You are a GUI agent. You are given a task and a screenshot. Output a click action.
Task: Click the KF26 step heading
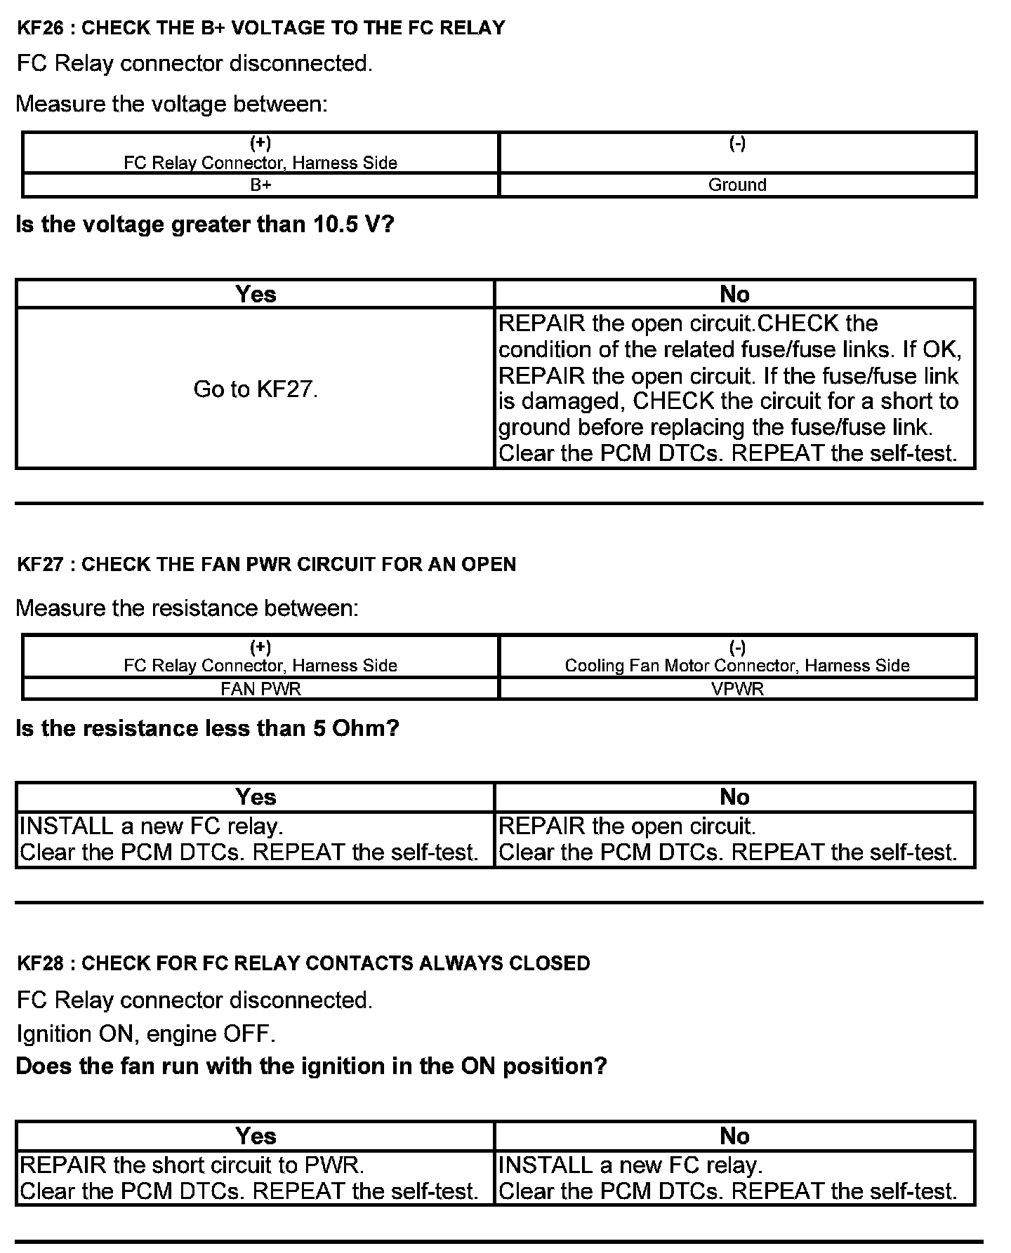tap(260, 28)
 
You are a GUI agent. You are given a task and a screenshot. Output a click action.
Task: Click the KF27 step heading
tap(266, 564)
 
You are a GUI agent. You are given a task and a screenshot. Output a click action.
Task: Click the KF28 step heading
tap(303, 963)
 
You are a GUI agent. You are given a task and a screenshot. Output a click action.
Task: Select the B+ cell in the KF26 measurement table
tap(260, 185)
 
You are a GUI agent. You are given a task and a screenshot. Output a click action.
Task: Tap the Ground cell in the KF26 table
tap(737, 185)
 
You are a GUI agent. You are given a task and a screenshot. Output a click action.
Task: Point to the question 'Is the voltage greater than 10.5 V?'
tap(205, 225)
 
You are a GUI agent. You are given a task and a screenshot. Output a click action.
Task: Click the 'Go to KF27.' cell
tap(256, 389)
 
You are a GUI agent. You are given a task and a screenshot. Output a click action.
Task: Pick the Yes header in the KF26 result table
tap(256, 294)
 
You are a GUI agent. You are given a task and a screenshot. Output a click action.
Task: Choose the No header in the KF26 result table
tap(734, 294)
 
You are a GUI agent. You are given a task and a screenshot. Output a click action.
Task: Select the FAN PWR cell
tap(260, 688)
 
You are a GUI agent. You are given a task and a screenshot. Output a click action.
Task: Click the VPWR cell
tap(737, 688)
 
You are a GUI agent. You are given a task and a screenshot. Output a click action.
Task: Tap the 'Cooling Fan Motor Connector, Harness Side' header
tap(737, 664)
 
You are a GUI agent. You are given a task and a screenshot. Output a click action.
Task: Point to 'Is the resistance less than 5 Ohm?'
tap(207, 728)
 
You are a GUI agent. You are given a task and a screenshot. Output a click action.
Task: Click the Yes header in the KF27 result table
tap(256, 797)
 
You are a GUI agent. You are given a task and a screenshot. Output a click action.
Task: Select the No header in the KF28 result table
tap(734, 1136)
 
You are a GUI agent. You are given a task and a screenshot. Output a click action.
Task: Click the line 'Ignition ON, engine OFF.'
tap(146, 1033)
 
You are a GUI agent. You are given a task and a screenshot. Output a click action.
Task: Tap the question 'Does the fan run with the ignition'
tap(311, 1066)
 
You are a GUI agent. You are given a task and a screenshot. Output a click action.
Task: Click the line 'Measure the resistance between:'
tap(187, 608)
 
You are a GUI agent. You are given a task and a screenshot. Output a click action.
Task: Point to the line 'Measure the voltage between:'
tap(171, 104)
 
